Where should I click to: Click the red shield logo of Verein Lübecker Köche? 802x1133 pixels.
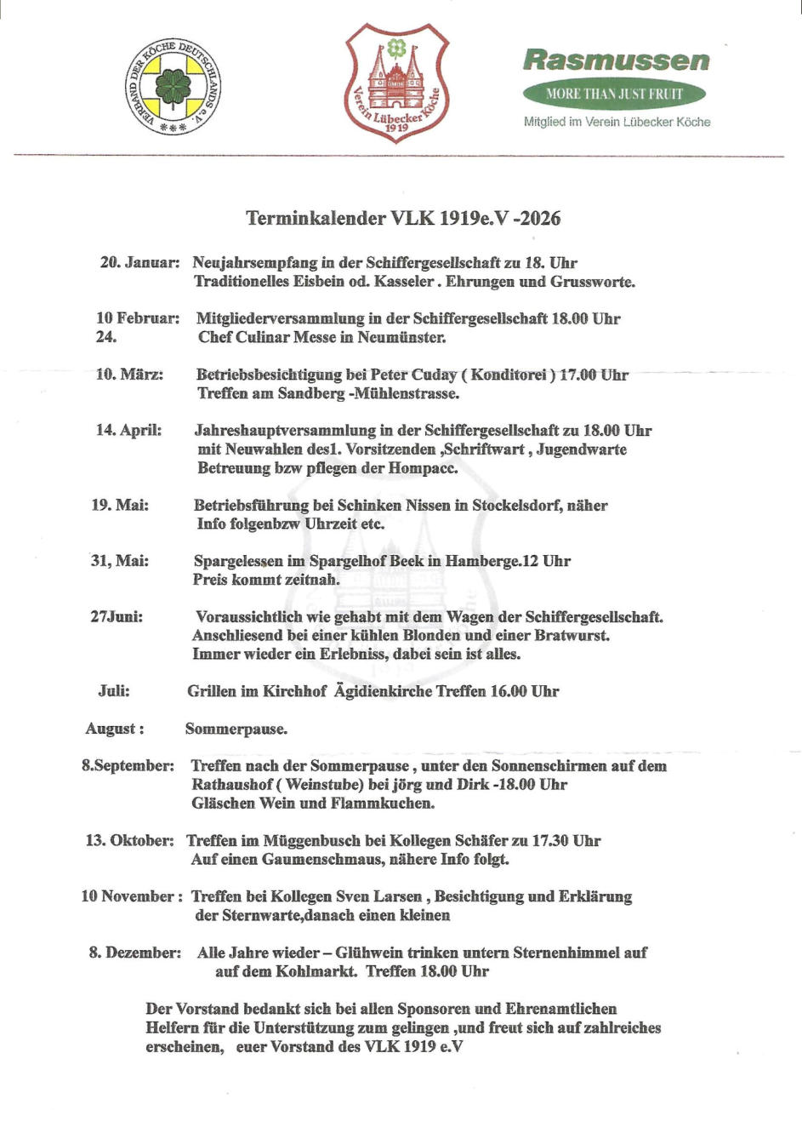[396, 83]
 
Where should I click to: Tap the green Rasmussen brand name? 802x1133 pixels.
[616, 60]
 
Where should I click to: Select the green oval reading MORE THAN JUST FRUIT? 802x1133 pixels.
[614, 94]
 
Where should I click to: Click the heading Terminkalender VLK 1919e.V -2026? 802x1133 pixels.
[403, 219]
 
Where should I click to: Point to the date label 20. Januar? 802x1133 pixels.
[139, 262]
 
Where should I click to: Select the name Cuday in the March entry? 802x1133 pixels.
[434, 375]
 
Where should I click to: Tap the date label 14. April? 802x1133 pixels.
[128, 430]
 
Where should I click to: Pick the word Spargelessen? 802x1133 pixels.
[238, 562]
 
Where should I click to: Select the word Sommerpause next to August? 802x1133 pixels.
[236, 730]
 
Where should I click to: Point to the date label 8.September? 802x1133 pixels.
[128, 766]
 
